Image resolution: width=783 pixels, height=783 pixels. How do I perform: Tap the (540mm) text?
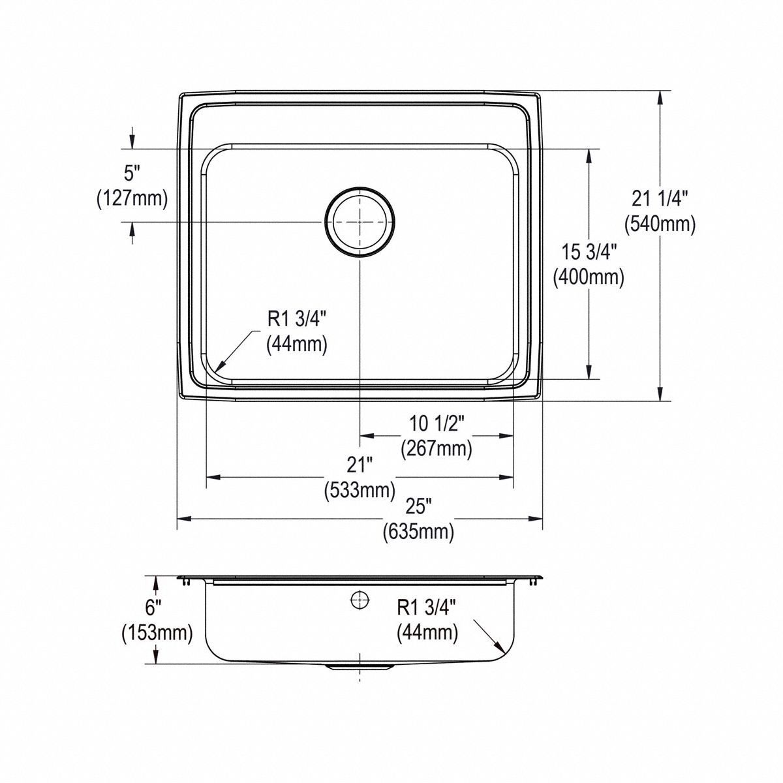[x=660, y=224]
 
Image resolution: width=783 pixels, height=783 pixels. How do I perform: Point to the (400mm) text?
[x=589, y=277]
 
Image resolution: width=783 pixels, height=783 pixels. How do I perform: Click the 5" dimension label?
[x=132, y=173]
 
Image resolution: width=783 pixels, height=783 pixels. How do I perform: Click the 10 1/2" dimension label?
[x=436, y=423]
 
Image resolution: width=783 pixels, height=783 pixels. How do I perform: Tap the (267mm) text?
[x=436, y=449]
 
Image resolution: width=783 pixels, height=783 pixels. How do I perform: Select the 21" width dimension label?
[x=360, y=465]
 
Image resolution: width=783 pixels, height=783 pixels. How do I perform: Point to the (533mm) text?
[x=360, y=489]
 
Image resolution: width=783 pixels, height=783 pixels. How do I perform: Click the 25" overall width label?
[x=418, y=506]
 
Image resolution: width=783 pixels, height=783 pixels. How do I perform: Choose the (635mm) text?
[x=418, y=532]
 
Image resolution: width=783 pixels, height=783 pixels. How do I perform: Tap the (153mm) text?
[x=157, y=632]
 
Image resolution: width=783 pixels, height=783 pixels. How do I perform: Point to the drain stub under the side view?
[x=360, y=668]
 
